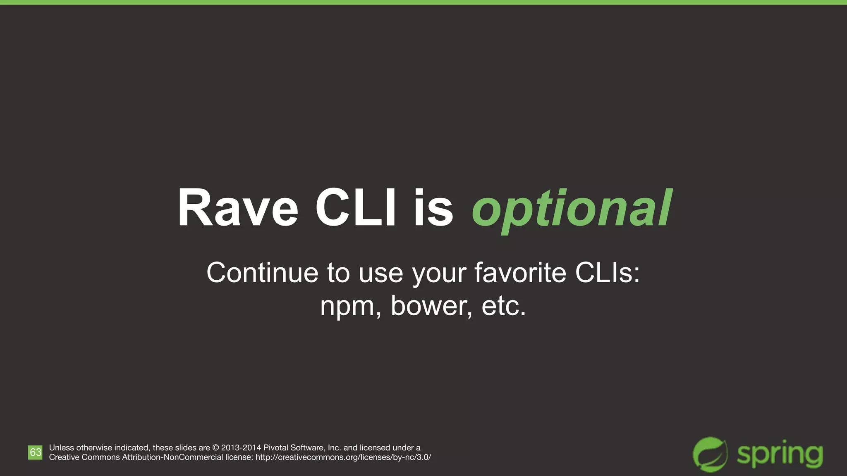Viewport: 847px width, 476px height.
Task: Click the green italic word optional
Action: [572, 209]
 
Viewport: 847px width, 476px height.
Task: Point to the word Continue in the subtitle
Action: [262, 273]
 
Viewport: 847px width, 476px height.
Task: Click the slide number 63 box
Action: [35, 452]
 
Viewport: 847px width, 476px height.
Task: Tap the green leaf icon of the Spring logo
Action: [710, 454]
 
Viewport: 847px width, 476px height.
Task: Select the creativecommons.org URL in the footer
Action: [343, 457]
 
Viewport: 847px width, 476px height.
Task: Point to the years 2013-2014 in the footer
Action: [241, 448]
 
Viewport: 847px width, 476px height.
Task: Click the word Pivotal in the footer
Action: [276, 448]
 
